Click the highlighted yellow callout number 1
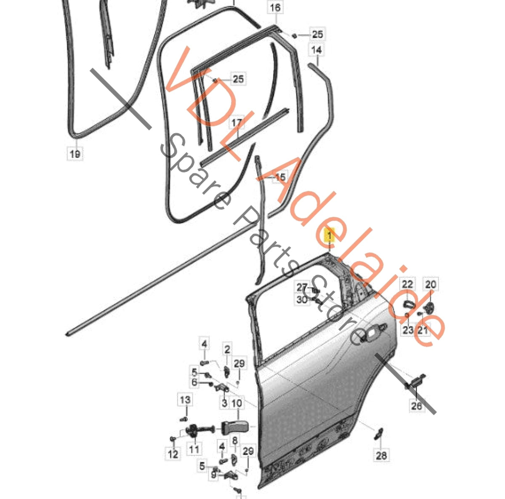coord(330,235)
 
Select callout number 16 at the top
coord(275,7)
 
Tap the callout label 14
coord(316,50)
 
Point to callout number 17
coord(237,123)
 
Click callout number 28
coord(381,455)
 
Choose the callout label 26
coord(417,406)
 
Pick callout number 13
coord(185,400)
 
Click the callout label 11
coord(194,448)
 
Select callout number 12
coord(173,454)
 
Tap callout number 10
coord(237,403)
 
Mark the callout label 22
coord(407,284)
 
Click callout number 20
coord(431,284)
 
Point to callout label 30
coord(302,299)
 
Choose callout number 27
coord(302,287)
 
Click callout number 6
coord(194,382)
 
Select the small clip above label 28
coord(378,433)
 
